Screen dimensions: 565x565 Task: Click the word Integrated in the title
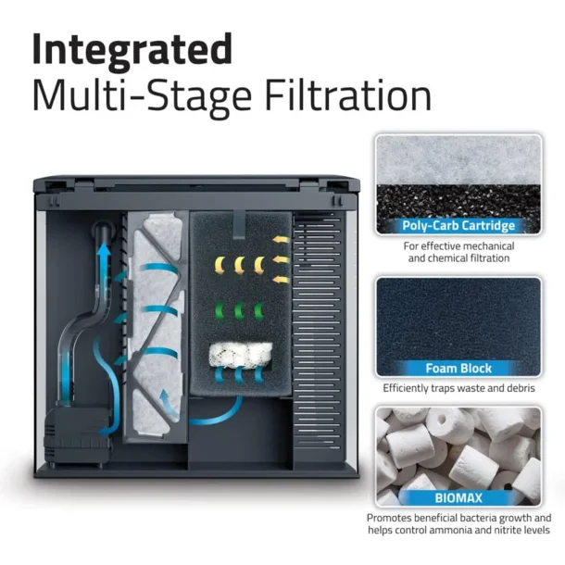pos(132,47)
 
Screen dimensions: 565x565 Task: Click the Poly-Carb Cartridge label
pos(458,225)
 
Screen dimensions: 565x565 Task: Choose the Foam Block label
pos(458,368)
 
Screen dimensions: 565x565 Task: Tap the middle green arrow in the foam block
pos(240,311)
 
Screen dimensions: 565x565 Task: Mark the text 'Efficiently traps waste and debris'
pos(458,388)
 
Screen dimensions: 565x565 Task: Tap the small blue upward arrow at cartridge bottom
pos(167,401)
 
